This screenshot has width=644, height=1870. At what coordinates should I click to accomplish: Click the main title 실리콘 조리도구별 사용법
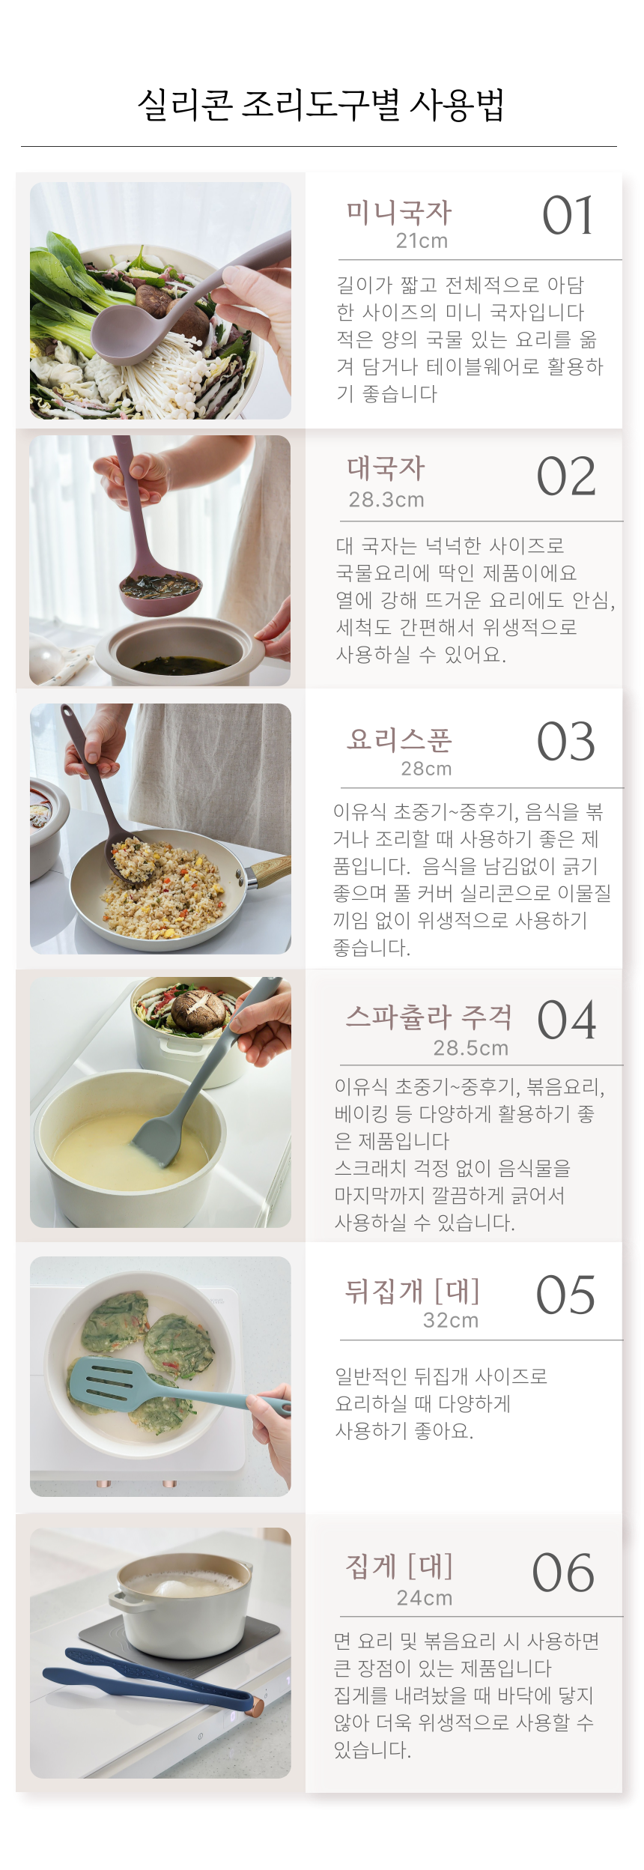coord(321,105)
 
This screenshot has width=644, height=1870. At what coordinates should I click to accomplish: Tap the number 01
coord(568,216)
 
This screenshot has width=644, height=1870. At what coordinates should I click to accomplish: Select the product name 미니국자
coord(399,213)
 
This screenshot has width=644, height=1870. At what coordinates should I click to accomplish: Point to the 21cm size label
coord(422,241)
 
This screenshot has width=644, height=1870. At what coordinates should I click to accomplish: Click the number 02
coord(566,476)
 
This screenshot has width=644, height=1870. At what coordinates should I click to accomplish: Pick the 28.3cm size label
coord(386,500)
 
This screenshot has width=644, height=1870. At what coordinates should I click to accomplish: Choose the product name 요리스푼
coord(399,739)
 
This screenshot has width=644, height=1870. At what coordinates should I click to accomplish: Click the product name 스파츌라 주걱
coord(429,1017)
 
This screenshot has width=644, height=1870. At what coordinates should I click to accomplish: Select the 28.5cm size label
coord(471,1048)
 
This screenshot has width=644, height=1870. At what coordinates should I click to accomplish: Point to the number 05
coord(565,1295)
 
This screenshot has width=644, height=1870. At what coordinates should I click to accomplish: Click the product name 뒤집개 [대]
coord(412,1291)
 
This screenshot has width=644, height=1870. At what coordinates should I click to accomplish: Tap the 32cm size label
coord(451,1320)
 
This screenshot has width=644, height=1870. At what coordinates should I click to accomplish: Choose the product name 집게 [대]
coord(399,1566)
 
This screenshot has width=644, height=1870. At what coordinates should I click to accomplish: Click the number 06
coord(563,1573)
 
